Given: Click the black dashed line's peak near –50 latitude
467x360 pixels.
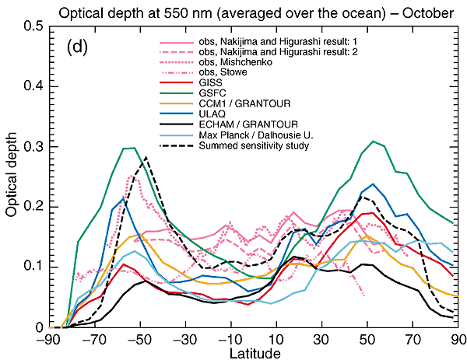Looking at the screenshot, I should pos(146,157).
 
